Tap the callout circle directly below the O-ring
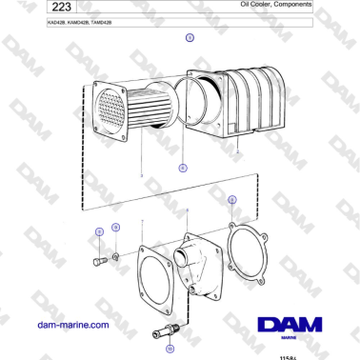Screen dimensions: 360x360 (183, 166)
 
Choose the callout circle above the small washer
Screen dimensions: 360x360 (116, 228)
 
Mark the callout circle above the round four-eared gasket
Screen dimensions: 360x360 (230, 200)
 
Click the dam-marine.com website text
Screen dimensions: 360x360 (71, 326)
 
